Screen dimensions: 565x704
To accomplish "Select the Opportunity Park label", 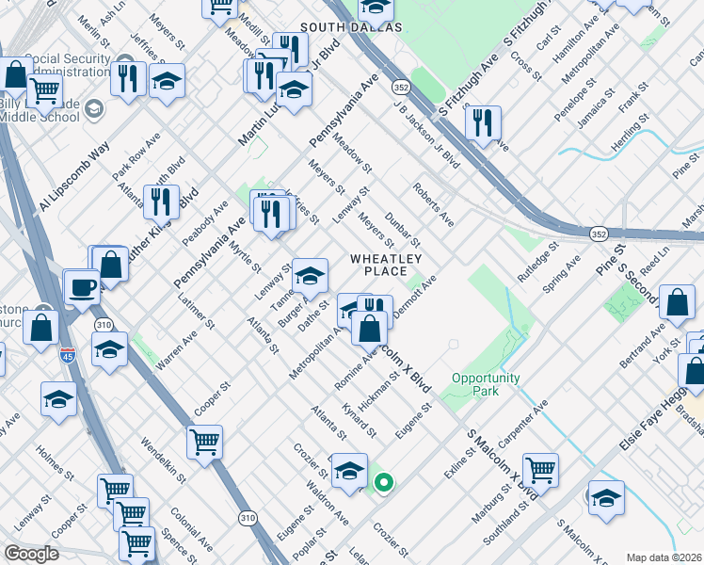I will pyautogui.click(x=485, y=384).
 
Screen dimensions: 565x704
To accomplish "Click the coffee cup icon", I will pyautogui.click(x=82, y=286).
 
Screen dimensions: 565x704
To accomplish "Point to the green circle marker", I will pyautogui.click(x=384, y=483).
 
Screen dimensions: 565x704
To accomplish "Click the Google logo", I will pyautogui.click(x=31, y=554).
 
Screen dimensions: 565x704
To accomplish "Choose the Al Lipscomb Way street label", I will pyautogui.click(x=74, y=179).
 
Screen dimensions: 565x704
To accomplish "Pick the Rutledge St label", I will pyautogui.click(x=537, y=266).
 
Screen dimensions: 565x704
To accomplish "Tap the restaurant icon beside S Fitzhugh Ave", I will pyautogui.click(x=483, y=122).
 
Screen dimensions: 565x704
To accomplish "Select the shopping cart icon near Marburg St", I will pyautogui.click(x=540, y=469).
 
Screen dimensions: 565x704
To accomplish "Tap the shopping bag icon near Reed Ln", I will pyautogui.click(x=678, y=302).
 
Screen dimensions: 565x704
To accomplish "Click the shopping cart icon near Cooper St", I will pyautogui.click(x=204, y=441).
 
